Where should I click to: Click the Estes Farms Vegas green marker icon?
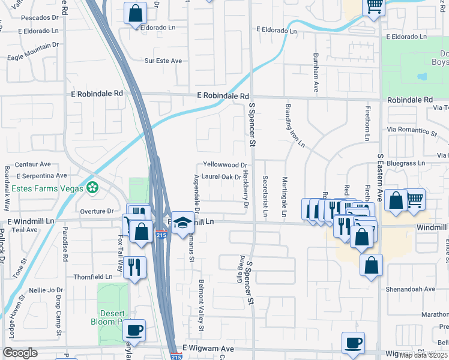coord(92,188)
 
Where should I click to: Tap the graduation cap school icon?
coord(182,223)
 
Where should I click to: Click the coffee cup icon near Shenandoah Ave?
coord(353,343)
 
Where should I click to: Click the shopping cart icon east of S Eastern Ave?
coord(414,199)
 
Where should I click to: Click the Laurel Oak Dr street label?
coord(221,177)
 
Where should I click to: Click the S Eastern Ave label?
coord(381,177)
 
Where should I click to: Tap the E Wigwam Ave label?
coord(208,348)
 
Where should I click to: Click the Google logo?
coord(20,353)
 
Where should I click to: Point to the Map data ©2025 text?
coord(423,355)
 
